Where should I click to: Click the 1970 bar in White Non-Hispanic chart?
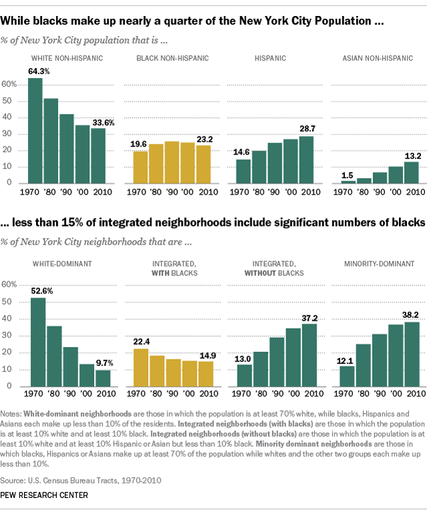click(35, 131)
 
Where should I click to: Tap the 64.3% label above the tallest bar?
click(39, 71)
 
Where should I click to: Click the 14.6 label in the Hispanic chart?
click(243, 152)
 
